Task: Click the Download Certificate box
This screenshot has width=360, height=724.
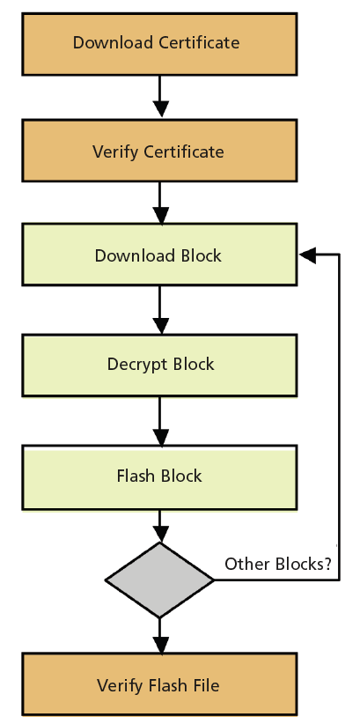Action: click(159, 44)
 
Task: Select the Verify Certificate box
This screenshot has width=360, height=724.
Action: click(159, 151)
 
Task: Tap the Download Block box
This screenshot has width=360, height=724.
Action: click(159, 255)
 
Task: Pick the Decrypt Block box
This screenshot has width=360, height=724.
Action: click(159, 366)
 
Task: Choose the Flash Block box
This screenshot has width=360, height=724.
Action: click(159, 477)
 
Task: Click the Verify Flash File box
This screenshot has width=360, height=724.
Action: click(159, 684)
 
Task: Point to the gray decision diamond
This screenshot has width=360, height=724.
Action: click(159, 580)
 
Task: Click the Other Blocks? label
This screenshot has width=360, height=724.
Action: click(278, 564)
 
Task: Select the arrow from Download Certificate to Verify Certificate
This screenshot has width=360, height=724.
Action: click(160, 97)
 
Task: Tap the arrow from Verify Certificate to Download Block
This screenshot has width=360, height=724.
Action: click(160, 203)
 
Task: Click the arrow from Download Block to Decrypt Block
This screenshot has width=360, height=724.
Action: click(160, 310)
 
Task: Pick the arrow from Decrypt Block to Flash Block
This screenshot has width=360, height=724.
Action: click(160, 421)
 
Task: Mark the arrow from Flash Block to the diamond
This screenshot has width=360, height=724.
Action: click(160, 527)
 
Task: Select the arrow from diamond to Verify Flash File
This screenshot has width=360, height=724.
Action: click(160, 636)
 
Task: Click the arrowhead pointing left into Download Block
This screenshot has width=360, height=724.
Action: click(307, 255)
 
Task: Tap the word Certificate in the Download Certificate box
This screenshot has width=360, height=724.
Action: click(199, 42)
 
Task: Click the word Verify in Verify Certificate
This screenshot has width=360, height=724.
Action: click(116, 151)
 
